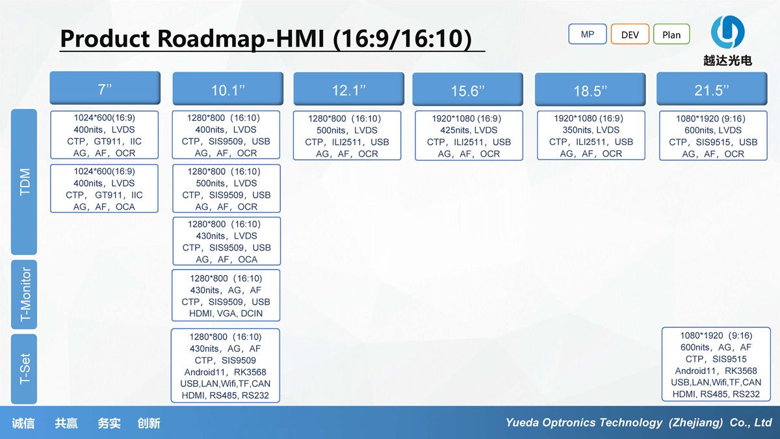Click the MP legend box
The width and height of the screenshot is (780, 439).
(x=588, y=34)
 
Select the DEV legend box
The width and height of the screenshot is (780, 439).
(x=630, y=34)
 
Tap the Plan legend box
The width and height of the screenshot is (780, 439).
(x=671, y=34)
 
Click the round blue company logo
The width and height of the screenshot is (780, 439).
(x=727, y=32)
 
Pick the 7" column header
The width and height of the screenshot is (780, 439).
(x=105, y=88)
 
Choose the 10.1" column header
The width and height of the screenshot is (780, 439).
(x=228, y=89)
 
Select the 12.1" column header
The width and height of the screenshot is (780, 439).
(x=349, y=89)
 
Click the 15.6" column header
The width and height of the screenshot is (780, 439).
(x=467, y=89)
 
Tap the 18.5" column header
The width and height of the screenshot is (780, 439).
(x=590, y=89)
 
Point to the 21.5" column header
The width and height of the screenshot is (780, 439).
(x=712, y=89)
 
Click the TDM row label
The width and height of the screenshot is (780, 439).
(x=24, y=182)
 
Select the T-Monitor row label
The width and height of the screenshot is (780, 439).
(x=24, y=295)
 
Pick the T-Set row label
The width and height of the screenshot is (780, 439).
(x=24, y=369)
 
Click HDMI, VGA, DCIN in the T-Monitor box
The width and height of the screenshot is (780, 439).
(x=226, y=313)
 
